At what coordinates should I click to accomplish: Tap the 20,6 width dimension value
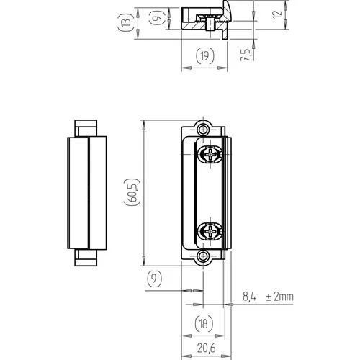(x=207, y=348)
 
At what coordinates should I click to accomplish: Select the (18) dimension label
(x=204, y=324)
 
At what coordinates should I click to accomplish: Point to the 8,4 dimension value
(x=249, y=297)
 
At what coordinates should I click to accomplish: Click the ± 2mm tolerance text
(x=279, y=297)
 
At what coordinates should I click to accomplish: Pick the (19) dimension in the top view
(x=205, y=56)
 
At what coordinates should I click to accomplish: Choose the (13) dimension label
(x=125, y=22)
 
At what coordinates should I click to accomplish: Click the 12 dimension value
(x=277, y=14)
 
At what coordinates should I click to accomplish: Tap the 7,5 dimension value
(x=246, y=55)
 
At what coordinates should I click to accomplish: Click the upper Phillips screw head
(x=210, y=154)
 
